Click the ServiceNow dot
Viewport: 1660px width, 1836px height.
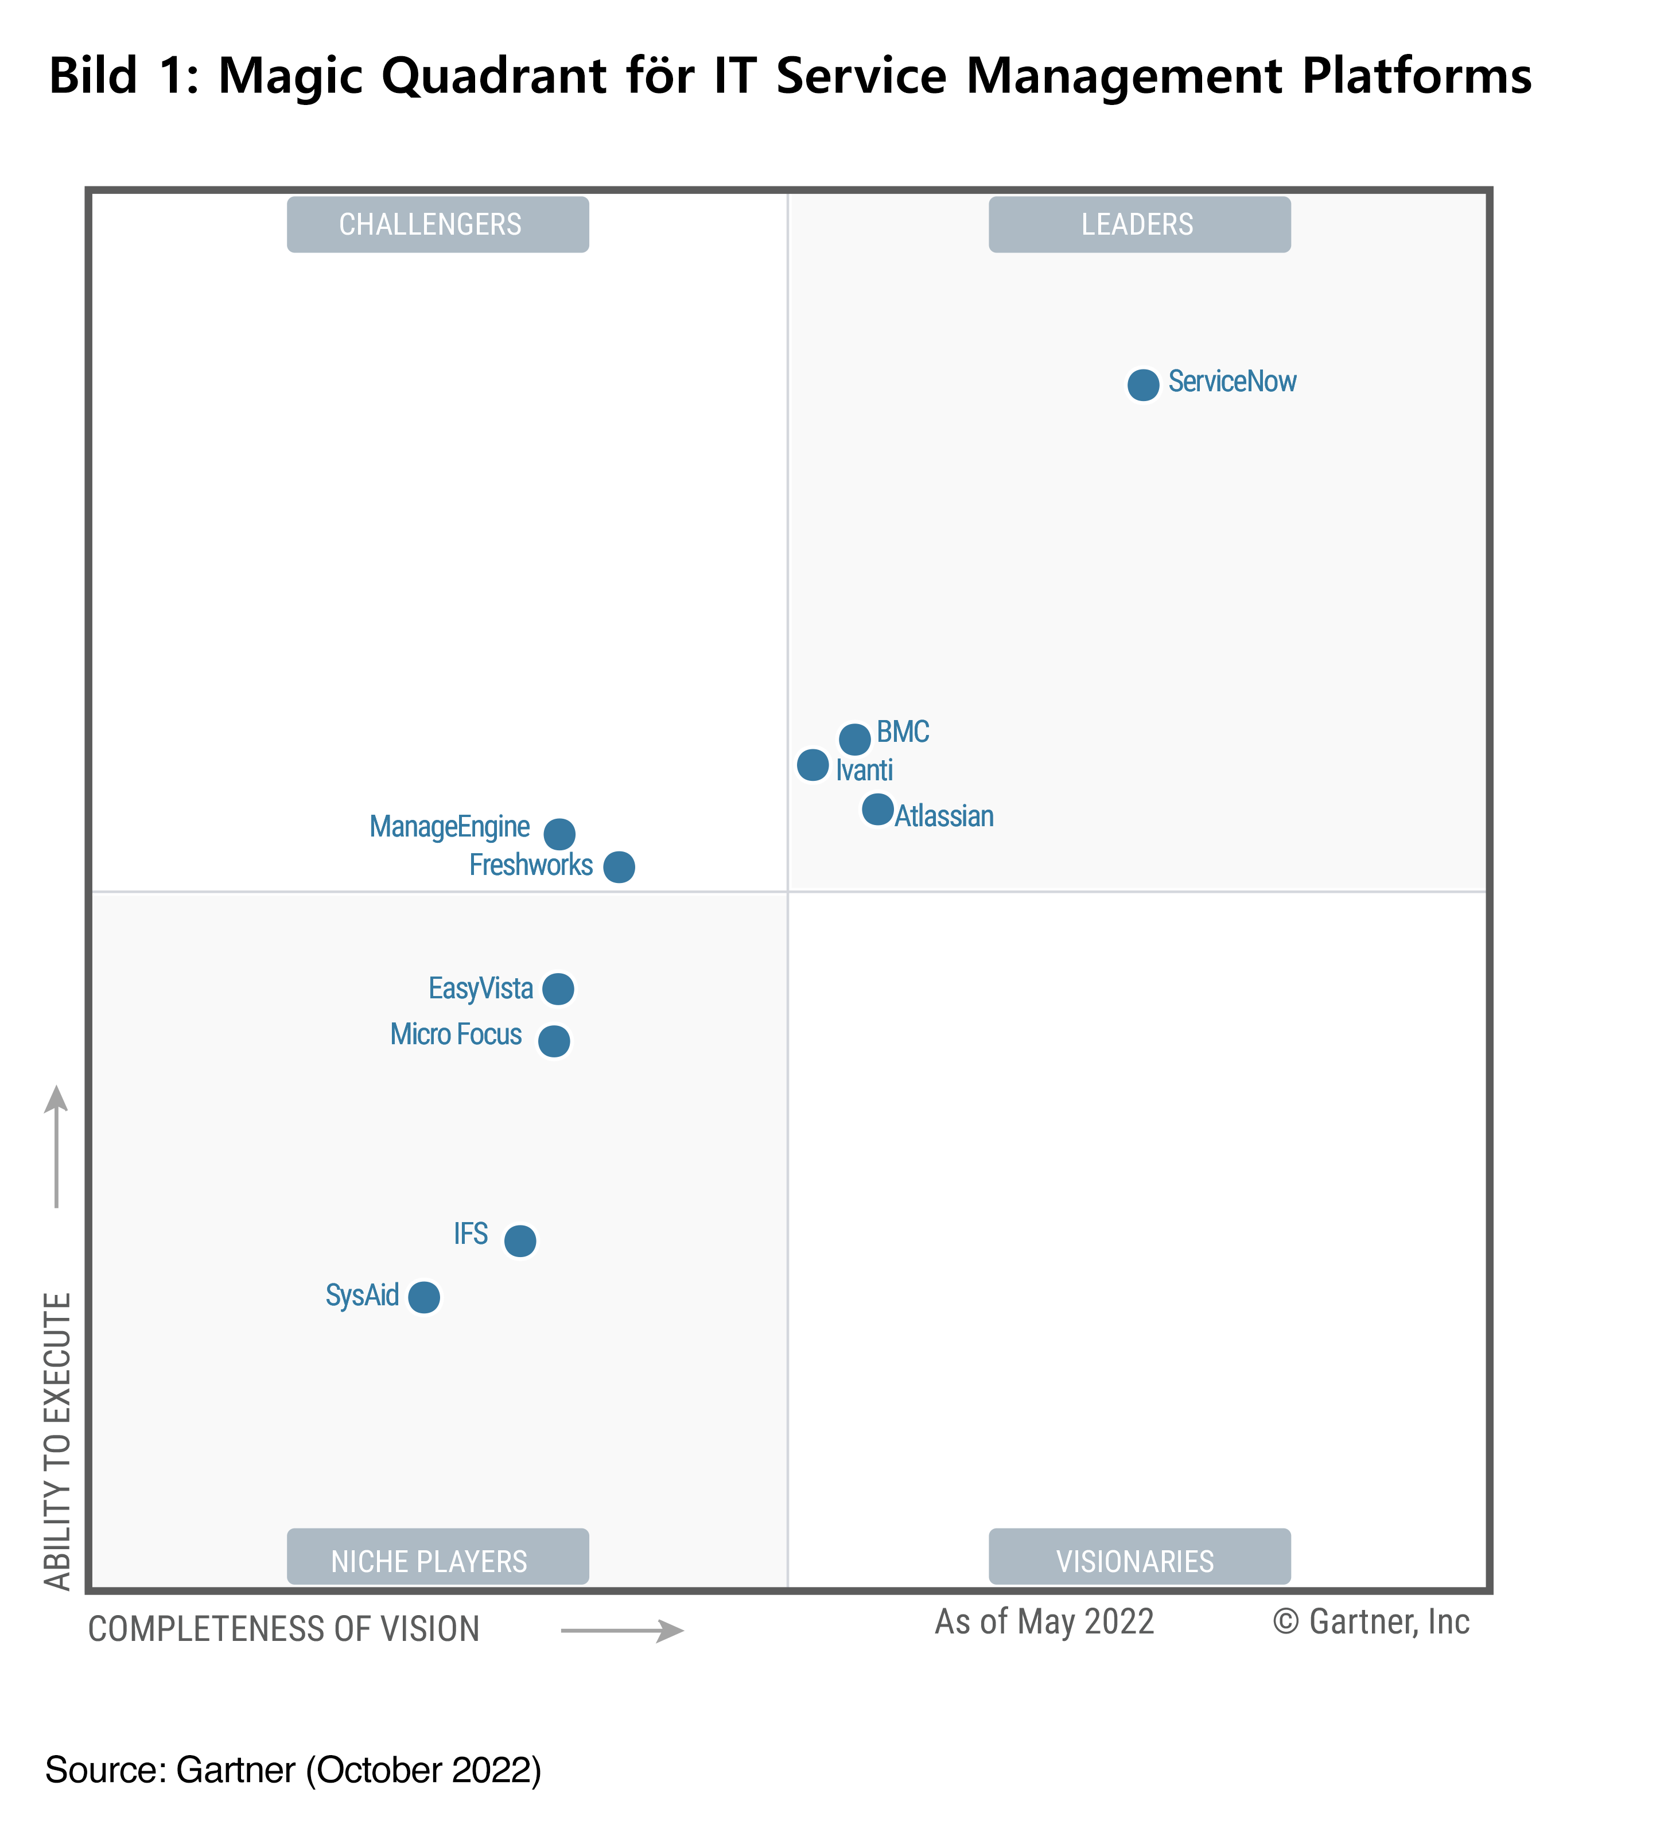(x=1143, y=384)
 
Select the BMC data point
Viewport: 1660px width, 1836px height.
(x=854, y=738)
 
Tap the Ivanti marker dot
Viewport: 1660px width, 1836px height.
(x=812, y=765)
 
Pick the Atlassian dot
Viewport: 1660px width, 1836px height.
(x=877, y=809)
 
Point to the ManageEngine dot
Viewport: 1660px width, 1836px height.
(x=559, y=833)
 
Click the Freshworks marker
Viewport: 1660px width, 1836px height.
(x=619, y=867)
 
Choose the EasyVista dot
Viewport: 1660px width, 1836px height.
(x=558, y=988)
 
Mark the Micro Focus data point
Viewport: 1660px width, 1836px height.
(x=554, y=1041)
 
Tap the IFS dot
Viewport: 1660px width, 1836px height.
(x=520, y=1240)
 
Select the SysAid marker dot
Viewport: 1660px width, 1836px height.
(x=423, y=1297)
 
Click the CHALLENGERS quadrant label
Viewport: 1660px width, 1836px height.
(x=437, y=224)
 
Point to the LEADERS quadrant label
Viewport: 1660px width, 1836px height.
(x=1139, y=224)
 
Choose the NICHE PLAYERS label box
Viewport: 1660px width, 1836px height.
(x=437, y=1561)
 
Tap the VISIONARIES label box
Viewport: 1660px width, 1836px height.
(x=1139, y=1561)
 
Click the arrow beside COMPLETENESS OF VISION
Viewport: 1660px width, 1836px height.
(x=622, y=1630)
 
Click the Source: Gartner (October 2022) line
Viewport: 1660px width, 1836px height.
(x=293, y=1769)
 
